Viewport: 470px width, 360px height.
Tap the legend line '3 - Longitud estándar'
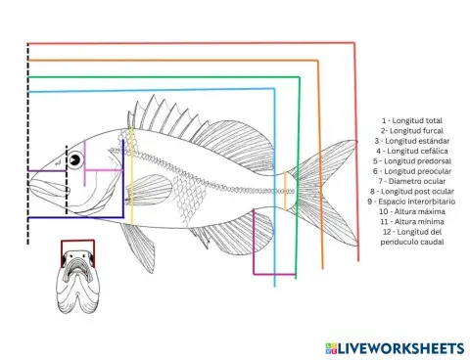(411, 141)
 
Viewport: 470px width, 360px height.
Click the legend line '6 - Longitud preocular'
(411, 171)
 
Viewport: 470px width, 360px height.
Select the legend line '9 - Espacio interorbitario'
(411, 202)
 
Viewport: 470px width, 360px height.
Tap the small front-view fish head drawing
(77, 284)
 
